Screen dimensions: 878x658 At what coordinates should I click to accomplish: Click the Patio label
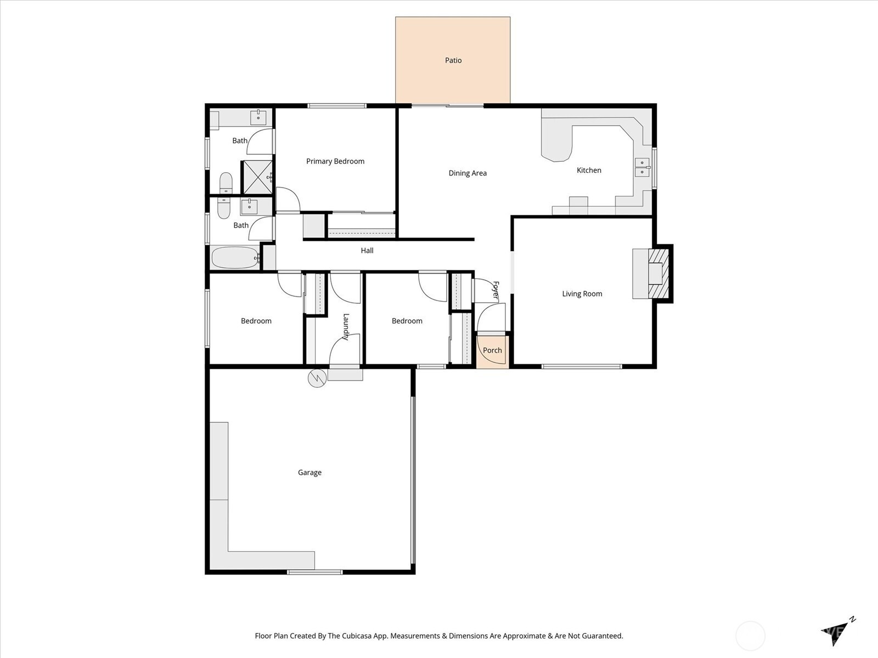453,60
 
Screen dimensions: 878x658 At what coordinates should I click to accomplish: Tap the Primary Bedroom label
335,161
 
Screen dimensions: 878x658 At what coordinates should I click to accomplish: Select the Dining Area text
468,173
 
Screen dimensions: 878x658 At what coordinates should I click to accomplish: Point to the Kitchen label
589,170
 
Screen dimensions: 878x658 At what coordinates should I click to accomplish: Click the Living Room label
582,294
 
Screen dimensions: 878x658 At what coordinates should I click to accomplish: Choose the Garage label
309,473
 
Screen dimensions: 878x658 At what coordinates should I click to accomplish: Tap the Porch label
492,350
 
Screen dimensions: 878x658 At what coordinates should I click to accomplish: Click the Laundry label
346,327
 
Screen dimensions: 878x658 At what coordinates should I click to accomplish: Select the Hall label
367,251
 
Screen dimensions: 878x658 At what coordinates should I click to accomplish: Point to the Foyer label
496,291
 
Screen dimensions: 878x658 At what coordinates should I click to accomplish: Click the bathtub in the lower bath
235,258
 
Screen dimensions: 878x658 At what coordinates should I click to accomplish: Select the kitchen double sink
643,167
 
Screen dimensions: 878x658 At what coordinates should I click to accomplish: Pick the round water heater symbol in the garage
317,378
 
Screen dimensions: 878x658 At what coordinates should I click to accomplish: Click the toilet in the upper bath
226,183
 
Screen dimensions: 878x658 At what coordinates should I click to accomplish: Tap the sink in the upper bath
258,118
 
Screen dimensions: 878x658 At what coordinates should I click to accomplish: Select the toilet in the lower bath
224,208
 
